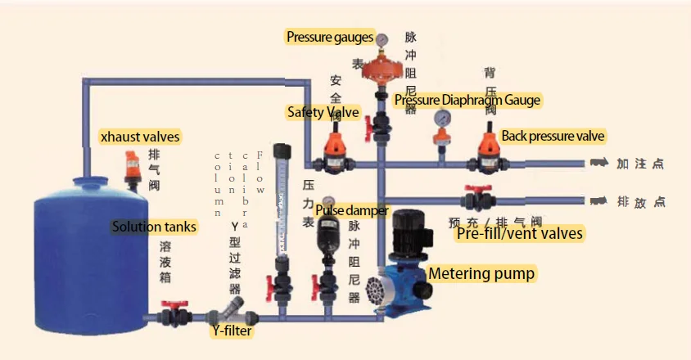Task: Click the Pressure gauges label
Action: point(329,37)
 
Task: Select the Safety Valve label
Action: point(323,112)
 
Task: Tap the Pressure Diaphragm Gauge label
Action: point(467,101)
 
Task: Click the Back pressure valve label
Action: point(554,136)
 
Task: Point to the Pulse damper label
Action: point(351,210)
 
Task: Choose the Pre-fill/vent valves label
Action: point(519,234)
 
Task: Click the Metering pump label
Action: point(482,273)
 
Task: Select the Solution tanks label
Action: point(154,227)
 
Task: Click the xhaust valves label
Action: point(139,137)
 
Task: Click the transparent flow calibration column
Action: point(282,205)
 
